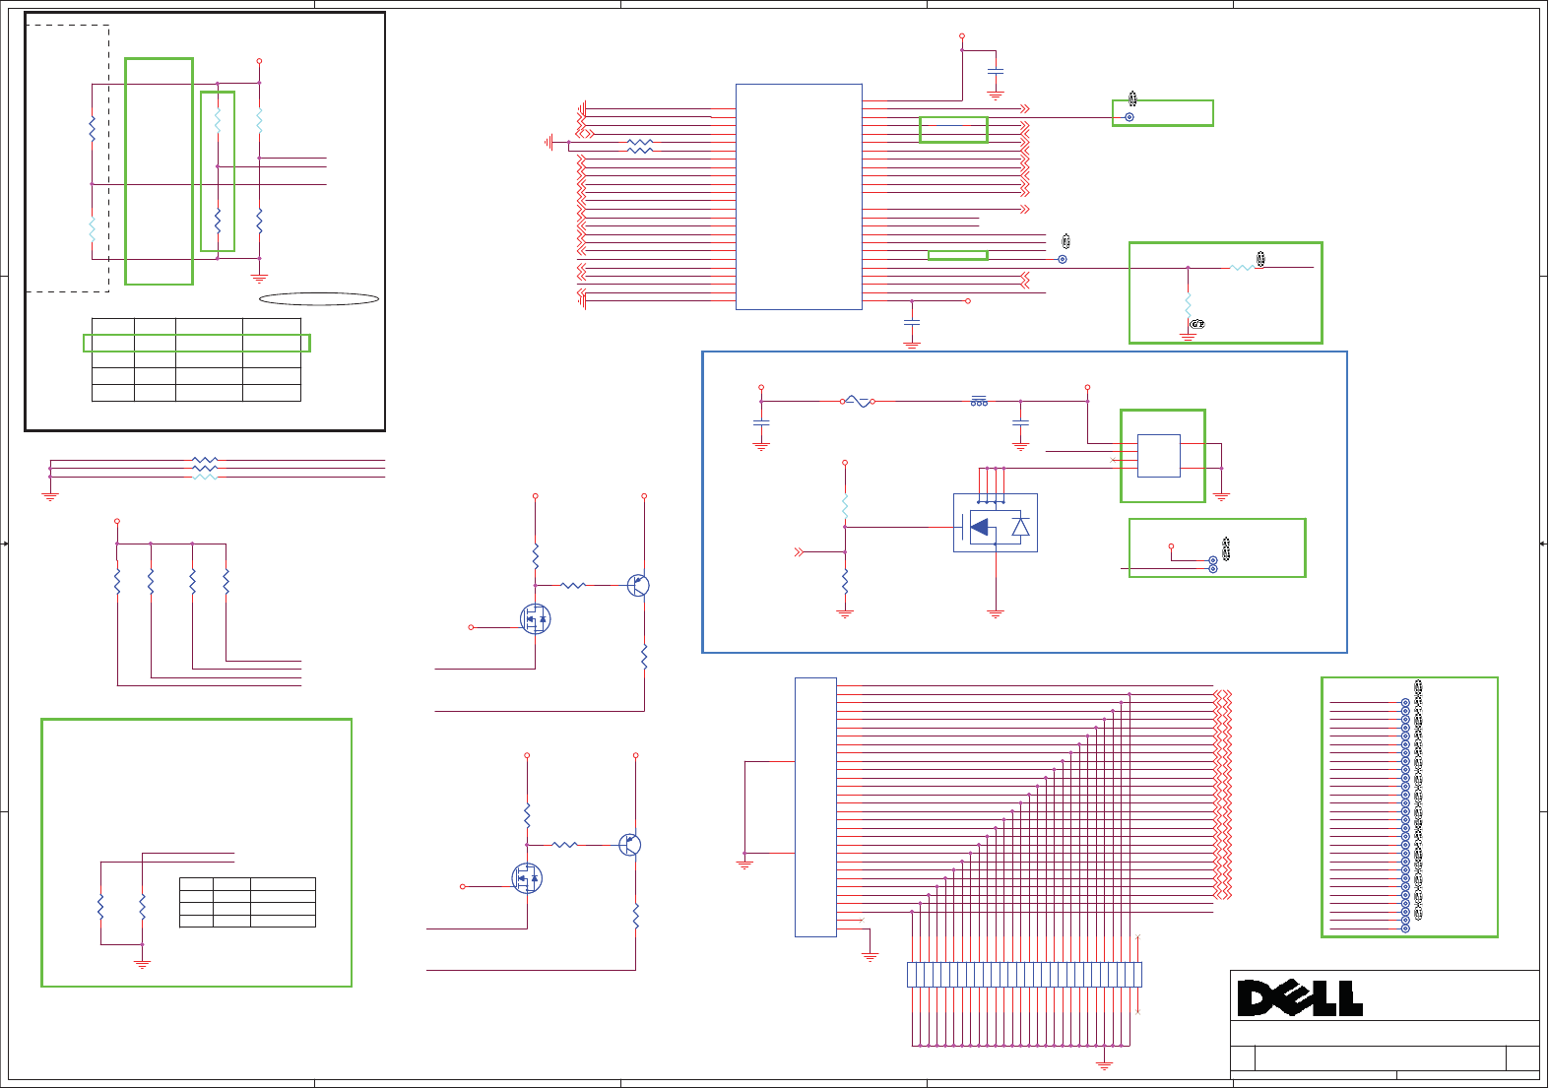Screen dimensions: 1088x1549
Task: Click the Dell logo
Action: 1300,998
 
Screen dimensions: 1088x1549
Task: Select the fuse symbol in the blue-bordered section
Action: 858,402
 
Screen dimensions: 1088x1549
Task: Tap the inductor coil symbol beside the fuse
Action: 979,401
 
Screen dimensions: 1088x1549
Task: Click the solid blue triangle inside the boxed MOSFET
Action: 979,527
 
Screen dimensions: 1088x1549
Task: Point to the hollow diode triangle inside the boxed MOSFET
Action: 1020,527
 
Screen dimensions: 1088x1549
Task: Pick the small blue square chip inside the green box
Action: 1158,456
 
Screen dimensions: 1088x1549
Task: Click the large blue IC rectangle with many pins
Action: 799,197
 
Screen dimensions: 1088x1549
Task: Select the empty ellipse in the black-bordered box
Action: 319,299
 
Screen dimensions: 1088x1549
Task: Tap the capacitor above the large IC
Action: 996,73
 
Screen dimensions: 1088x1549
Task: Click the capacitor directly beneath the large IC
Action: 912,322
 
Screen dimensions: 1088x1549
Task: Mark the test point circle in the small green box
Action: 1129,117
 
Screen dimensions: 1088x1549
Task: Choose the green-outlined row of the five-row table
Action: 197,343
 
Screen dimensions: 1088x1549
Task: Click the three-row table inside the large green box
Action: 247,902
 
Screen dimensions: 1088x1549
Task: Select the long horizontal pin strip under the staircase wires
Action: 1024,975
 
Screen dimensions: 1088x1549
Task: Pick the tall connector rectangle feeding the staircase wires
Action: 815,806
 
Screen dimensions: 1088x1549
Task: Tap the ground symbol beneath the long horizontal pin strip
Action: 1105,1065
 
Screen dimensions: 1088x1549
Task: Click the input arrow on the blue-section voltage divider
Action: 800,552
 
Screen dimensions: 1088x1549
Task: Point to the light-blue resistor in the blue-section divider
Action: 845,506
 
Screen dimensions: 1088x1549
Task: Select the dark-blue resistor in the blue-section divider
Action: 845,581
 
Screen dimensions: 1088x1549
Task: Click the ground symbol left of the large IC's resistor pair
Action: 549,142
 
